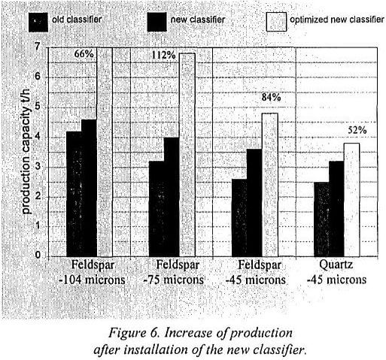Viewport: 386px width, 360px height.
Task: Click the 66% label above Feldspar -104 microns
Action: [84, 55]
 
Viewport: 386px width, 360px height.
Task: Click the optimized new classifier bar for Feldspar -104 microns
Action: [104, 150]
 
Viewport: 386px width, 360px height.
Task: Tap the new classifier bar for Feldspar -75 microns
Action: [171, 196]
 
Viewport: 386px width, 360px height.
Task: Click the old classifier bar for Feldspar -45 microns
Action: [239, 217]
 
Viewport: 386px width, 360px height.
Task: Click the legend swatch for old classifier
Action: [36, 20]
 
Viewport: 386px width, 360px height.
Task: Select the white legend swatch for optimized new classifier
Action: [277, 20]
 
